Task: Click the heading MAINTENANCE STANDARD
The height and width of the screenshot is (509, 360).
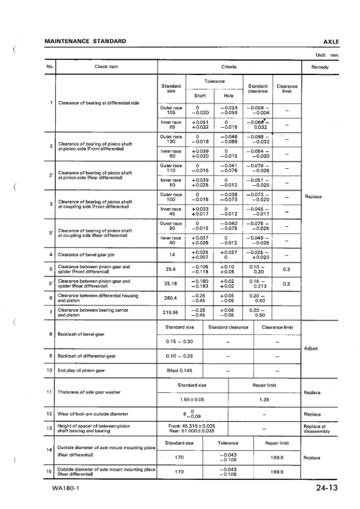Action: click(85, 41)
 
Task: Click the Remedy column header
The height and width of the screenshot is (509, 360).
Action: click(319, 67)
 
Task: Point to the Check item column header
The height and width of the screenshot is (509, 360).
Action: click(106, 67)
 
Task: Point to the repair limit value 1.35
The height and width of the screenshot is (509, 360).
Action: click(264, 399)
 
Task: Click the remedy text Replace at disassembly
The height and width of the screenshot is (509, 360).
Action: click(315, 430)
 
